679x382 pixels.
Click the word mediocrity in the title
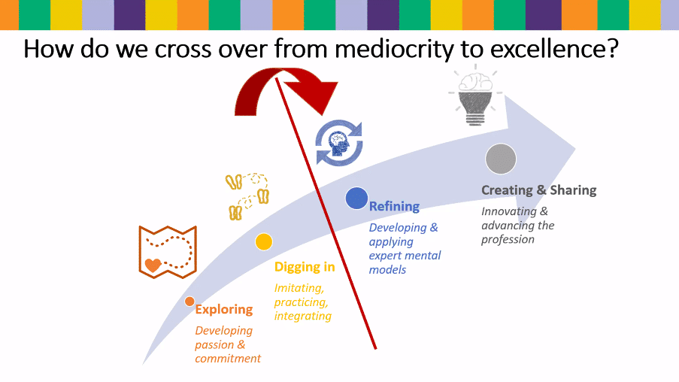[x=394, y=49]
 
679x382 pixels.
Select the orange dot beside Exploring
[x=189, y=302]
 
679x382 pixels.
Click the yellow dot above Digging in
[x=264, y=241]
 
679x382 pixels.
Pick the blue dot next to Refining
[x=356, y=199]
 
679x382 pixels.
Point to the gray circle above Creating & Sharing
[x=501, y=159]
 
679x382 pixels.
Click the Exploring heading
[x=224, y=310]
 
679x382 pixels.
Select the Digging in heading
[x=305, y=267]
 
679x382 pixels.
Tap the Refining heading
[x=394, y=207]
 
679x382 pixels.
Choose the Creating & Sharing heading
[x=538, y=190]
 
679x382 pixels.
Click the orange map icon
[x=168, y=252]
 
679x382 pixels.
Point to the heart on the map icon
[x=153, y=265]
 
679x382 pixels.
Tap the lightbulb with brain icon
[x=475, y=95]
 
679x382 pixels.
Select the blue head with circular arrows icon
[x=338, y=143]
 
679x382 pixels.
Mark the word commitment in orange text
[x=228, y=359]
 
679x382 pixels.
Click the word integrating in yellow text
[x=303, y=316]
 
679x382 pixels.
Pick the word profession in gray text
[x=508, y=240]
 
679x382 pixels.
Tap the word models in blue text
[x=387, y=270]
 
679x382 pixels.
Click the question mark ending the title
[x=612, y=47]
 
